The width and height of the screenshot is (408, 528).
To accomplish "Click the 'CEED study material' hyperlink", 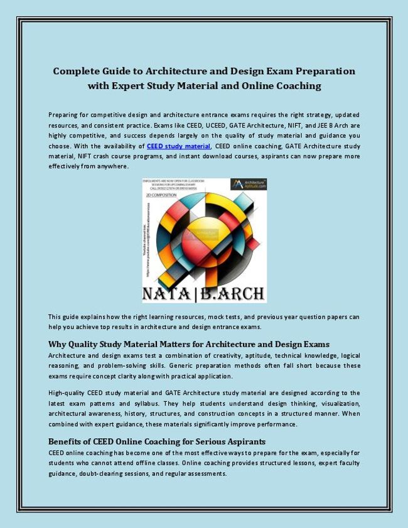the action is [x=178, y=146].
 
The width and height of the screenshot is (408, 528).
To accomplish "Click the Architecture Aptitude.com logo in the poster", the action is [x=249, y=184].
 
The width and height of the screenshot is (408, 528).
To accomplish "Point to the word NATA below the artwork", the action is [x=168, y=293].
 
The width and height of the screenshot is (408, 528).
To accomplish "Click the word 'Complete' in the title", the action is [x=78, y=72].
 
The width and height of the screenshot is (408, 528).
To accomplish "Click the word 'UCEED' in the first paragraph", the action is [x=162, y=126].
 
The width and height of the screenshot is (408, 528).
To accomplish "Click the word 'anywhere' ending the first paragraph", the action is [x=112, y=166].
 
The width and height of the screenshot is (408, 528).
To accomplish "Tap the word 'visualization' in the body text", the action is [x=338, y=403].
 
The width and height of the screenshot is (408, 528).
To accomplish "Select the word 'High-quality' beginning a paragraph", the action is [x=67, y=393].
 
